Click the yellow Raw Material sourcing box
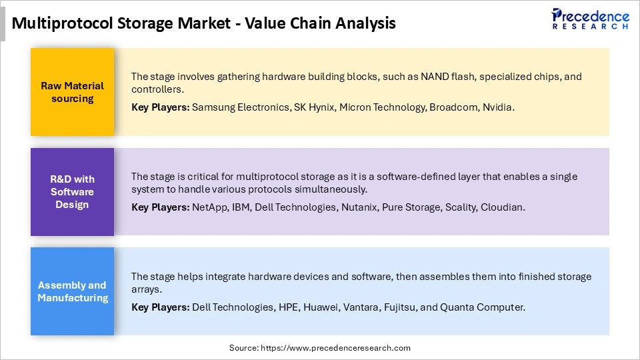point(72,92)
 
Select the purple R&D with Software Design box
point(72,192)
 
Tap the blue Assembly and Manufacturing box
point(72,292)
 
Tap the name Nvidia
point(497,107)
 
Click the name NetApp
point(209,207)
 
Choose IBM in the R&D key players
point(241,207)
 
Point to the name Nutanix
point(359,207)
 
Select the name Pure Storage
point(410,207)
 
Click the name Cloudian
point(504,207)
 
